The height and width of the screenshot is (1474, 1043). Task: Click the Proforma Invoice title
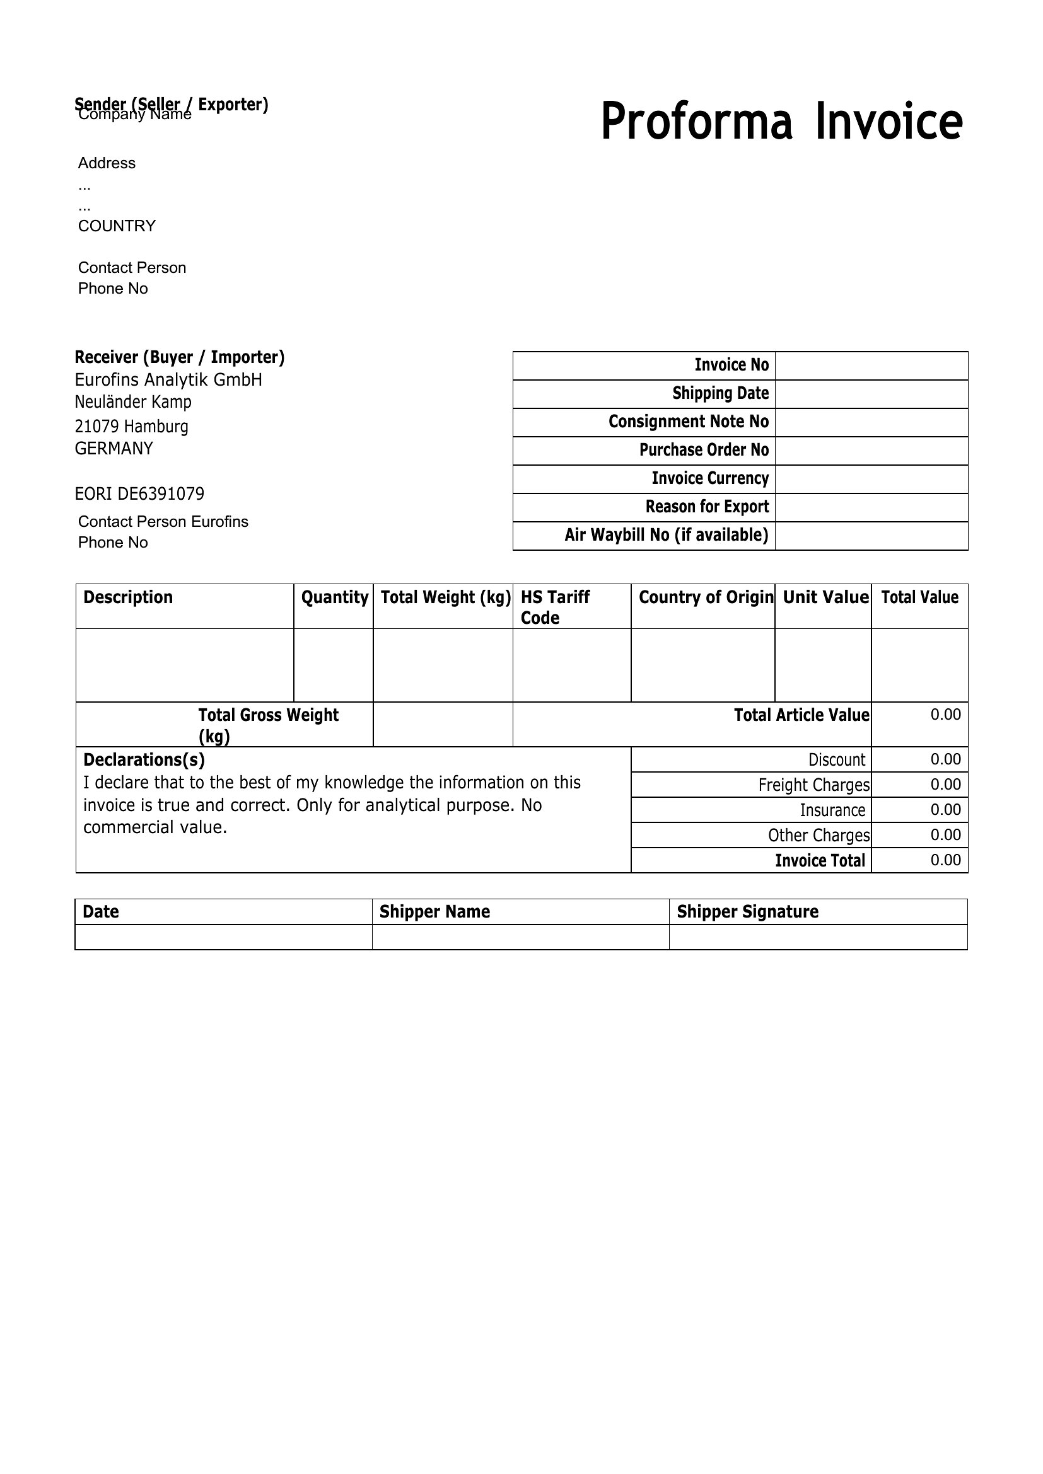coord(781,122)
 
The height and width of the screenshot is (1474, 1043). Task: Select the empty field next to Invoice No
coord(871,366)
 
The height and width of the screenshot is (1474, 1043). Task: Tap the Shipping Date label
coord(720,393)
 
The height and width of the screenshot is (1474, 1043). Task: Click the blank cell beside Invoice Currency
coord(871,479)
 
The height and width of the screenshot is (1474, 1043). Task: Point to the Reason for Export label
coord(706,507)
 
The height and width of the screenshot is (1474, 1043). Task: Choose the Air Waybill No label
coord(666,536)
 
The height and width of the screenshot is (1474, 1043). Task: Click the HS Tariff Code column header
coord(555,607)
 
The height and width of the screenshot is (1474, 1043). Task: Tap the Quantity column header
coord(334,597)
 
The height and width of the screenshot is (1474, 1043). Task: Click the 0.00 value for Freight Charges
coord(945,785)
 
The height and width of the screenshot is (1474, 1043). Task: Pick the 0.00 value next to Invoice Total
coord(945,860)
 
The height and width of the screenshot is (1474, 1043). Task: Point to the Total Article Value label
coord(801,715)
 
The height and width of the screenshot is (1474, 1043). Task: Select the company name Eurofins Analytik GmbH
coord(168,380)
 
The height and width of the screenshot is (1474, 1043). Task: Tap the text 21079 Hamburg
coord(132,426)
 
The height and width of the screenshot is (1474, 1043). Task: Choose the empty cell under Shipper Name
coord(520,936)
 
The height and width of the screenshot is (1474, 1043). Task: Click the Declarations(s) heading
coord(144,760)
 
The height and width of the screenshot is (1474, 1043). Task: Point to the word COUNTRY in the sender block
coord(117,226)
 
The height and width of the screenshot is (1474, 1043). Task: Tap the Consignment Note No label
coord(688,422)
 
